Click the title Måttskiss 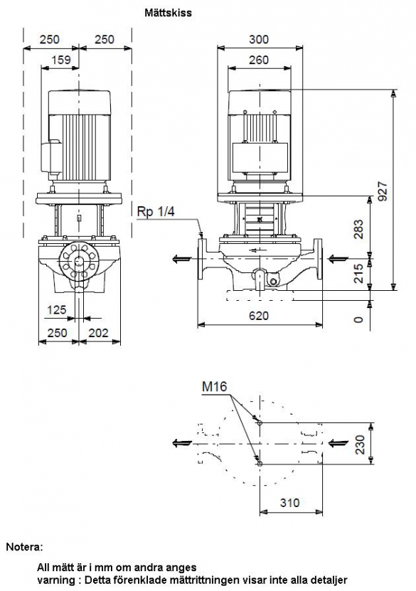(x=168, y=13)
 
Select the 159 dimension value (x=61, y=60)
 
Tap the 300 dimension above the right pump (x=259, y=39)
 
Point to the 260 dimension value (x=259, y=60)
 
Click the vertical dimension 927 (x=383, y=191)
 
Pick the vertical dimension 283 (x=358, y=229)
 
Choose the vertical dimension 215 (x=358, y=273)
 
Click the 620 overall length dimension (x=259, y=315)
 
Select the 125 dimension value (x=56, y=310)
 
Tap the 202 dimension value (x=98, y=332)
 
